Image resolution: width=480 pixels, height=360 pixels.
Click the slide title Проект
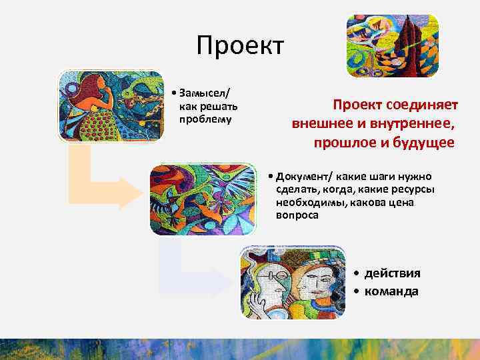pyautogui.click(x=240, y=46)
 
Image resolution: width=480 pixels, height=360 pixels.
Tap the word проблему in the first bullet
pyautogui.click(x=205, y=119)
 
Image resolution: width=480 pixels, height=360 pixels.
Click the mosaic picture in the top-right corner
pyautogui.click(x=392, y=46)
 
